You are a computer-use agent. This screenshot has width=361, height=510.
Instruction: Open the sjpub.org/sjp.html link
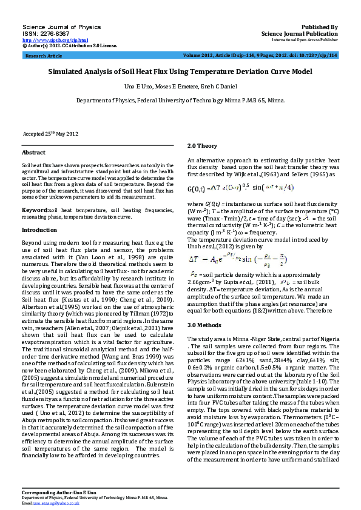click(47, 40)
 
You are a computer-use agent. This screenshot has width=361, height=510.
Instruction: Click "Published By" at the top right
click(320, 27)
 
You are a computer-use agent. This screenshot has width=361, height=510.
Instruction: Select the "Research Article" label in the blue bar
click(44, 56)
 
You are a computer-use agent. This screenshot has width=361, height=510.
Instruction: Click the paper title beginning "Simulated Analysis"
click(180, 71)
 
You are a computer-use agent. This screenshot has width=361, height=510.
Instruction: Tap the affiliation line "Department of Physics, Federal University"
click(180, 101)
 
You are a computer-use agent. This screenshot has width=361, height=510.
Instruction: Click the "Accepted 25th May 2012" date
click(51, 133)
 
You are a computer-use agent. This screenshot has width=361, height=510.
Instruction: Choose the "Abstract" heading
click(33, 153)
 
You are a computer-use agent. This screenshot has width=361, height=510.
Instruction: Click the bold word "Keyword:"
click(35, 210)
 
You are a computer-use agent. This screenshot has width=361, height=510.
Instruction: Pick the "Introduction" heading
click(39, 230)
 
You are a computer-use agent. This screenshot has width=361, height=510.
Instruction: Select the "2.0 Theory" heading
click(202, 146)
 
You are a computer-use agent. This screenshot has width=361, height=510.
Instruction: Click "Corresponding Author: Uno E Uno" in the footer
click(56, 494)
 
